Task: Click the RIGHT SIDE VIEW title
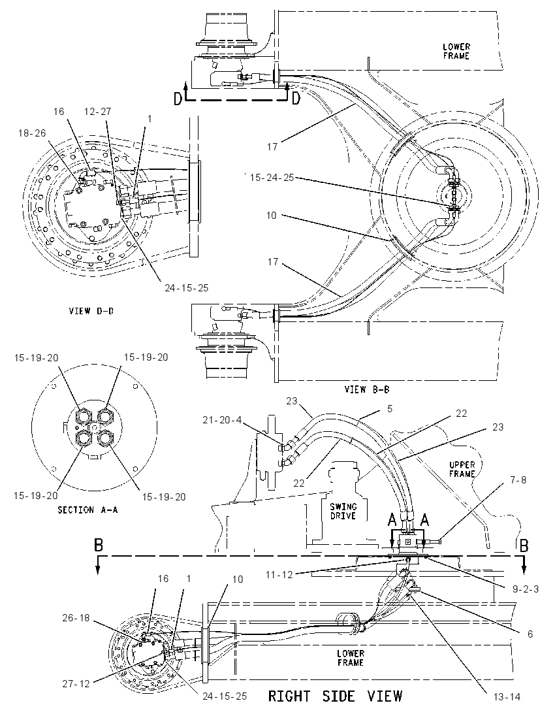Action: [x=335, y=696]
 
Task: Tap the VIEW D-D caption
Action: [x=91, y=311]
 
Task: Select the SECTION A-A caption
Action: [x=87, y=510]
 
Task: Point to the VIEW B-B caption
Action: [x=366, y=389]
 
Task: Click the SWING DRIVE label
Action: [x=343, y=511]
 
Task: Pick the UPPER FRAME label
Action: [x=462, y=469]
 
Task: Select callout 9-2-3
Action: [x=526, y=589]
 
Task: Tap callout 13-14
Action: [x=507, y=697]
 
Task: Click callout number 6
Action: [x=530, y=634]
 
